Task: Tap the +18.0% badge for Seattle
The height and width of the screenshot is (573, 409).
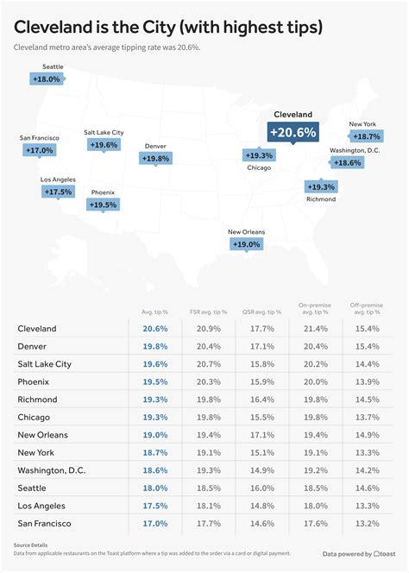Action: pos(47,79)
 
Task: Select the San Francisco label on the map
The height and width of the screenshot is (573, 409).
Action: pos(40,138)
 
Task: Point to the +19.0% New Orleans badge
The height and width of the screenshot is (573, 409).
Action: pos(246,244)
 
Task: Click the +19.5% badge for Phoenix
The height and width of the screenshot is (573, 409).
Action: pos(103,205)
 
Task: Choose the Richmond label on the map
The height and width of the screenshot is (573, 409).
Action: pos(321,199)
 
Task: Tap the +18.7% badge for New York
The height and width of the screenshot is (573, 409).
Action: pos(365,136)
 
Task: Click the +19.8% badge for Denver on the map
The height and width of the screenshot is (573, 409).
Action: pos(156,158)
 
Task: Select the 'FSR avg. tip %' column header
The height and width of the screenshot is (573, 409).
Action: pos(208,312)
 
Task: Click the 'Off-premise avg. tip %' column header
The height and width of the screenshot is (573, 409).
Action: pos(368,308)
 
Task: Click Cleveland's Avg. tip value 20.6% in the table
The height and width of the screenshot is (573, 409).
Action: pos(155,329)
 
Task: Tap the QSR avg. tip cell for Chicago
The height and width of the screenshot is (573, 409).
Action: pos(262,417)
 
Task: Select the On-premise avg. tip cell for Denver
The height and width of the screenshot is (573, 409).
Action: pos(315,346)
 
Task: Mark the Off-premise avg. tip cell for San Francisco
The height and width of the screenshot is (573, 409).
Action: pos(368,523)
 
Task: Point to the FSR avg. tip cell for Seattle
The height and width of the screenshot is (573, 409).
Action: pos(208,488)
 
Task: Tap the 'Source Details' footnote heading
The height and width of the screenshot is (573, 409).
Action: pos(30,545)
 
